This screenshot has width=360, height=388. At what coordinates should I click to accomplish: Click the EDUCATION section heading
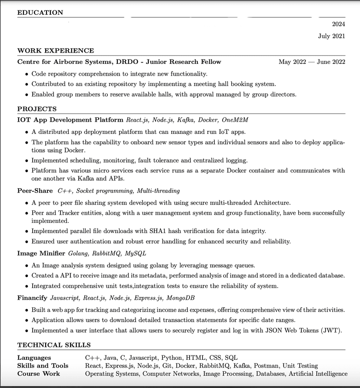tap(40, 13)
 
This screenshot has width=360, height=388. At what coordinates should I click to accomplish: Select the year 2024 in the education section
tap(338, 24)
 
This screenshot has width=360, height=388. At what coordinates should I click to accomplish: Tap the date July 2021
tap(331, 36)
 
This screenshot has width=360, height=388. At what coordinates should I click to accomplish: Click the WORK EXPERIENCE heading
tap(56, 51)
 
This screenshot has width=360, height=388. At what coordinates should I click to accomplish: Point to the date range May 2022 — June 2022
tap(312, 62)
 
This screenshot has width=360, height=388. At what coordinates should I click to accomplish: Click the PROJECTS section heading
tap(37, 109)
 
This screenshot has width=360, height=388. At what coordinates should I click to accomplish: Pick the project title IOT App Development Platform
tap(70, 120)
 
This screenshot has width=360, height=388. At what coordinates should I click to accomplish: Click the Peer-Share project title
tap(35, 191)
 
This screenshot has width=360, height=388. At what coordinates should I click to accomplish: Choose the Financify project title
tap(32, 298)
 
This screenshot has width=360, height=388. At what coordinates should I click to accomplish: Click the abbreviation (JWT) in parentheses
tap(333, 331)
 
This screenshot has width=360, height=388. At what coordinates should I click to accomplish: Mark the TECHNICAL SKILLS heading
tap(54, 345)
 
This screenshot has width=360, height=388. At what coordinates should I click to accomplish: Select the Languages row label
tap(34, 358)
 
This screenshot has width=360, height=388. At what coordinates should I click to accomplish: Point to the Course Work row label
tap(39, 374)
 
